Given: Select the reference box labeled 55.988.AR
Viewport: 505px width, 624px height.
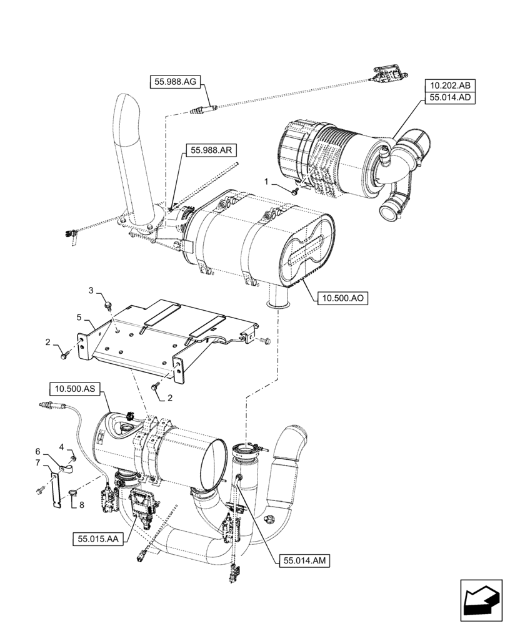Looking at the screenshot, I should coord(207,150).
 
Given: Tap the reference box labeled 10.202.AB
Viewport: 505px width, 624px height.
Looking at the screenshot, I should coord(451,85).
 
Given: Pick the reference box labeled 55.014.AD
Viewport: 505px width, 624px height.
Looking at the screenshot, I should coord(451,98).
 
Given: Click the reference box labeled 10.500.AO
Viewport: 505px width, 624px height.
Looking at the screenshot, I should coord(343,298).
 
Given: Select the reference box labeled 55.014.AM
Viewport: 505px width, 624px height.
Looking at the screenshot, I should coord(303,561).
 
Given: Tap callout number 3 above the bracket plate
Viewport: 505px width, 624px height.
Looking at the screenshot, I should coord(91,291).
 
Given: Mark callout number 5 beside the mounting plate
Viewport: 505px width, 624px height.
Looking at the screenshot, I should coord(79,318).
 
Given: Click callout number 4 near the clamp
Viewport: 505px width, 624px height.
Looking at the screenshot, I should coord(62,446).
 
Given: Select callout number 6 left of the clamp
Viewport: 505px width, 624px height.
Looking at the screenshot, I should coord(37,451).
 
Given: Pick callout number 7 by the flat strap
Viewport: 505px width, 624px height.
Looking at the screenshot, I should coord(37,462).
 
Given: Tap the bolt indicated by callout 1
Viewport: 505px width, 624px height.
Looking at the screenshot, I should coord(294,191).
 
